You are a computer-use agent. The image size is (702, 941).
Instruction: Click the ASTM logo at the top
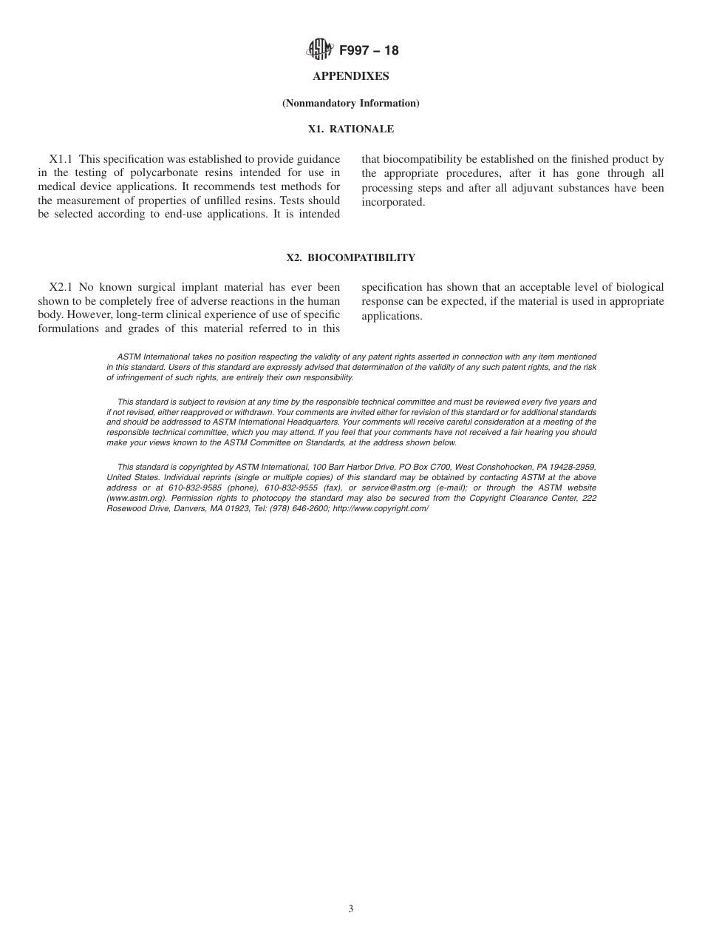click(320, 50)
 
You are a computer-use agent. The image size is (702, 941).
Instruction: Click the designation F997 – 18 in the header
click(369, 50)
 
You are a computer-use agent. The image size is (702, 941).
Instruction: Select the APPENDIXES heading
click(351, 76)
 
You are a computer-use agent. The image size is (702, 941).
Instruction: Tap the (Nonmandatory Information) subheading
click(351, 103)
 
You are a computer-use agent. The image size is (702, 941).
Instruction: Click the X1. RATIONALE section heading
click(351, 129)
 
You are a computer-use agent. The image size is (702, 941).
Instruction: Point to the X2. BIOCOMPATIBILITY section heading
click(351, 258)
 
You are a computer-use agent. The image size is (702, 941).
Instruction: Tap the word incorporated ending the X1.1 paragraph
click(393, 202)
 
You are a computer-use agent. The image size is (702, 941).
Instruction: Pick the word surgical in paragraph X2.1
click(159, 287)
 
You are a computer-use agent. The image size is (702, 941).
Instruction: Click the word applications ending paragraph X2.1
click(389, 316)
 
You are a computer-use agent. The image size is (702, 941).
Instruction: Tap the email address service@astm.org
click(396, 488)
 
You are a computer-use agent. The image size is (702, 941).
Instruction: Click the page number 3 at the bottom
click(351, 909)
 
